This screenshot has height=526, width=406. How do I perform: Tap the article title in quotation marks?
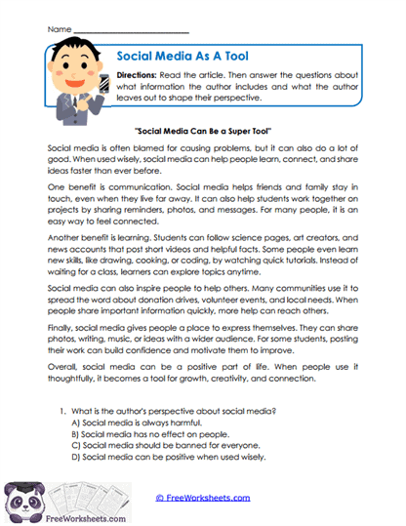coord(203,129)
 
